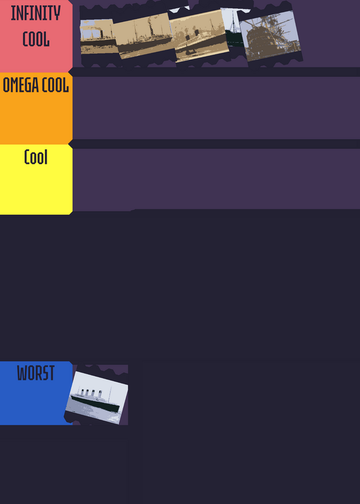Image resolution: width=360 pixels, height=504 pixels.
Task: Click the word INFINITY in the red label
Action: pyautogui.click(x=36, y=13)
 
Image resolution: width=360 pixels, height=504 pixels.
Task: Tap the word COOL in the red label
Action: pyautogui.click(x=36, y=39)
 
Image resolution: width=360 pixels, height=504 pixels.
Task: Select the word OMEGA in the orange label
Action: pyautogui.click(x=20, y=85)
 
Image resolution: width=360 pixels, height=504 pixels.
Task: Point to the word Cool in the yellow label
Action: pyautogui.click(x=36, y=157)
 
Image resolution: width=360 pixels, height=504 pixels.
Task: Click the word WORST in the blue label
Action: pyautogui.click(x=36, y=373)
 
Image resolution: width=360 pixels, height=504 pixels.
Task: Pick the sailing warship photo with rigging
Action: pyautogui.click(x=271, y=35)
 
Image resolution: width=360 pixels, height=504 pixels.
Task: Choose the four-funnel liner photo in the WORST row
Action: pyautogui.click(x=97, y=398)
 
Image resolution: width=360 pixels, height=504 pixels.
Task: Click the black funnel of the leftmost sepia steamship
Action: pyautogui.click(x=102, y=34)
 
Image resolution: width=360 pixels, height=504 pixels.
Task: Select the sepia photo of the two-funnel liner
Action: pyautogui.click(x=200, y=36)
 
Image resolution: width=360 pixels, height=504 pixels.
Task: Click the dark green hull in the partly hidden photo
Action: pyautogui.click(x=234, y=38)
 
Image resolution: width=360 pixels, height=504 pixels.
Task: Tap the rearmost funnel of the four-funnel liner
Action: pyautogui.click(x=101, y=393)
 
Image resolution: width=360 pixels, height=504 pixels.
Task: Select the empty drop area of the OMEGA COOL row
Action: pyautogui.click(x=216, y=108)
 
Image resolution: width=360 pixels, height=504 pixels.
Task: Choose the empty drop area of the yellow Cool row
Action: pyautogui.click(x=216, y=180)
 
